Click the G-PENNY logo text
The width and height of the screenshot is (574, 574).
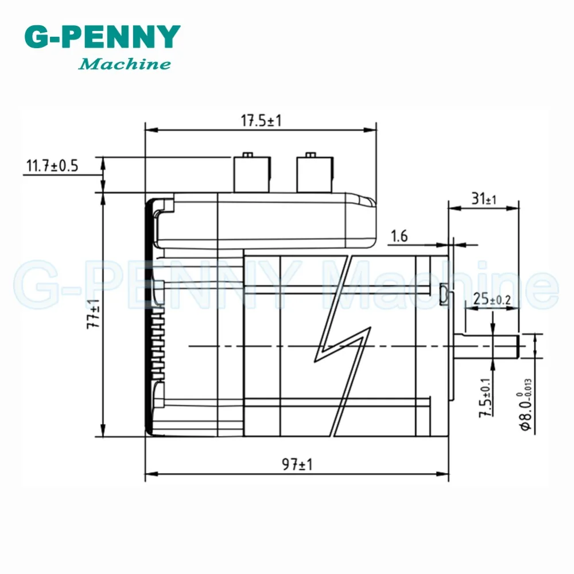tap(103, 37)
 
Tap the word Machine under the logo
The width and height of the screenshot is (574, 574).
tap(125, 64)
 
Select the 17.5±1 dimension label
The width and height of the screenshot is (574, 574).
tap(261, 121)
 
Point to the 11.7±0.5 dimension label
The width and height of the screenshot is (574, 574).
tap(52, 165)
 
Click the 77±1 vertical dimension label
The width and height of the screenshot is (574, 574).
tap(94, 314)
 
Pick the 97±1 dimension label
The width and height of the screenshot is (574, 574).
tap(297, 464)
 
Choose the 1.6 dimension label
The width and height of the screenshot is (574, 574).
tap(399, 236)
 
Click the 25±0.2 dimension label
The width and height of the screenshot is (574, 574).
tap(492, 299)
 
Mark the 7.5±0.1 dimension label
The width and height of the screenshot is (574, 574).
tap(486, 398)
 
